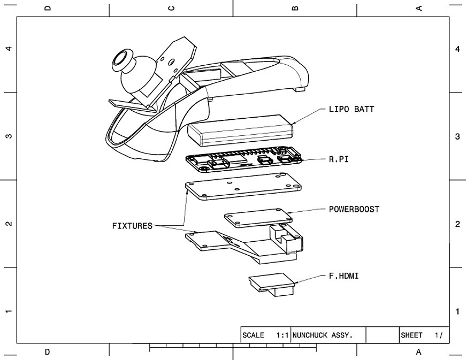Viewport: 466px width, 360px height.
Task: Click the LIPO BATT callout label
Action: [x=352, y=109]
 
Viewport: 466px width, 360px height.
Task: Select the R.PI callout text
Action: [x=339, y=159]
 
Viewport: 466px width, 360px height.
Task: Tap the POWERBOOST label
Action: [x=354, y=209]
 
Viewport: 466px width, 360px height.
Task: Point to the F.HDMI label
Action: [x=343, y=276]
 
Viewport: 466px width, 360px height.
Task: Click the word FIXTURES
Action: [x=132, y=226]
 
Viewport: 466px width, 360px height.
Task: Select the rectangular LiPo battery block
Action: [x=240, y=131]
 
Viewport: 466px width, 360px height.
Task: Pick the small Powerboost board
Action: [x=258, y=218]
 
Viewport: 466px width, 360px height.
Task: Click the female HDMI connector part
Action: [x=272, y=284]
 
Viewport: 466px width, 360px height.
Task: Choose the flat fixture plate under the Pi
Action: [x=243, y=186]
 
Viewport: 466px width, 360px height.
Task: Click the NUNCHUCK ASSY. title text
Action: [x=323, y=335]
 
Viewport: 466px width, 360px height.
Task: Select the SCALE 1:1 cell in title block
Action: [x=266, y=335]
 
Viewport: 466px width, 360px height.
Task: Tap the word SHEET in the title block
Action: [x=411, y=335]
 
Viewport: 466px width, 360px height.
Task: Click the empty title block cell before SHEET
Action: [x=383, y=335]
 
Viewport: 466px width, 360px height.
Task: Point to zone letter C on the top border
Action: [x=171, y=8]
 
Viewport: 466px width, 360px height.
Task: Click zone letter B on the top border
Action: [x=295, y=8]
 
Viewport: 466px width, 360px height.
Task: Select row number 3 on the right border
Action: [x=457, y=136]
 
